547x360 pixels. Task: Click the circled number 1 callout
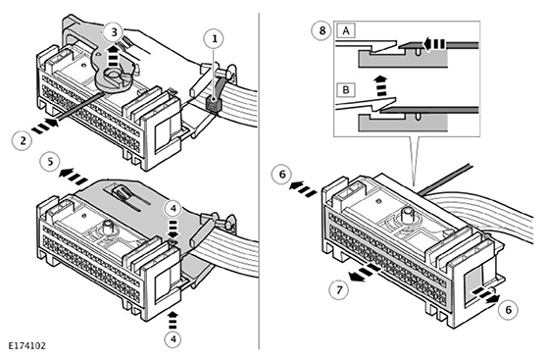pos(215,38)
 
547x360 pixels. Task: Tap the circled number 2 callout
pos(23,140)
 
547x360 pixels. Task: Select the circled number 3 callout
pos(114,32)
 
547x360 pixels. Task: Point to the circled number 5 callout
pos(51,162)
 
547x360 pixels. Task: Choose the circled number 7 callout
pos(339,289)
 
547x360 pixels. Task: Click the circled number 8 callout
pos(322,30)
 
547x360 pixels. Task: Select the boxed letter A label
pos(346,31)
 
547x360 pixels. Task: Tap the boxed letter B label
pos(346,89)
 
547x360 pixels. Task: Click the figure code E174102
pos(26,345)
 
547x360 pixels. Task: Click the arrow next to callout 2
pos(45,127)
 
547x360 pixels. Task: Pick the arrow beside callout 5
pos(74,177)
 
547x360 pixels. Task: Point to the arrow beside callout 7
pos(365,273)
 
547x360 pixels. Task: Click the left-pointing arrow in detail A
pos(434,44)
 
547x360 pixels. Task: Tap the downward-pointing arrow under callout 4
pos(174,229)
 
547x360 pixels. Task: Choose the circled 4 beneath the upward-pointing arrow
pos(174,339)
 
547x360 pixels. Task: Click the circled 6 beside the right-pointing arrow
pos(508,310)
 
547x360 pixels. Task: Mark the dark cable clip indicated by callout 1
pos(213,104)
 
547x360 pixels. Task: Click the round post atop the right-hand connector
pos(408,215)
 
